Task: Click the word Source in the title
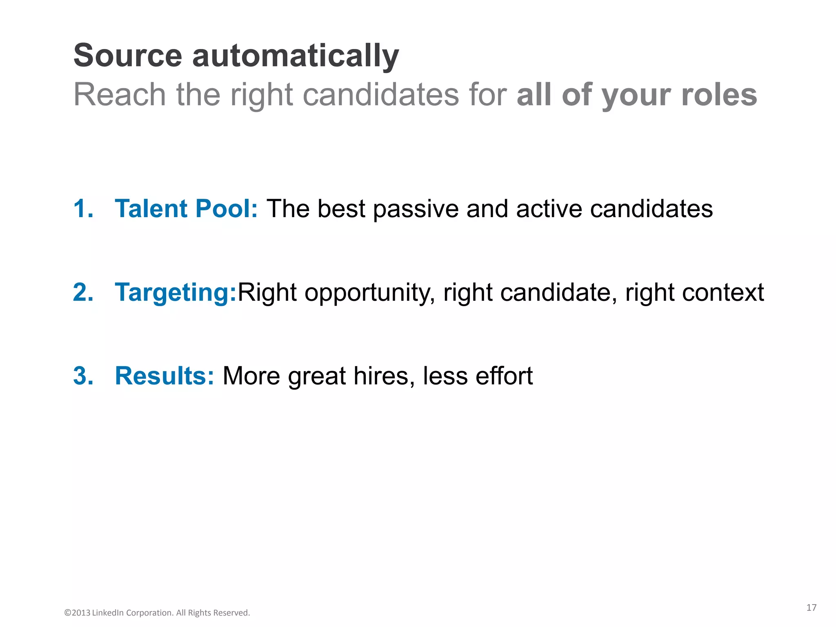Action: pyautogui.click(x=127, y=56)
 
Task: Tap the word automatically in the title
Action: pyautogui.click(x=295, y=56)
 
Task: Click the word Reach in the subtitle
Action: pyautogui.click(x=119, y=95)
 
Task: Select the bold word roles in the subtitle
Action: pyautogui.click(x=719, y=95)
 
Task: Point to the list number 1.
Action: pyautogui.click(x=83, y=209)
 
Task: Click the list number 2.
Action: pyautogui.click(x=83, y=292)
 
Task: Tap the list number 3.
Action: pyautogui.click(x=83, y=376)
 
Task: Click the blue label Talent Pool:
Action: pyautogui.click(x=186, y=209)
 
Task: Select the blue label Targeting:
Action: pyautogui.click(x=176, y=293)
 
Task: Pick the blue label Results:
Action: pyautogui.click(x=164, y=376)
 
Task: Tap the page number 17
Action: pyautogui.click(x=811, y=608)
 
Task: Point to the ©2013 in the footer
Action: pyautogui.click(x=77, y=613)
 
